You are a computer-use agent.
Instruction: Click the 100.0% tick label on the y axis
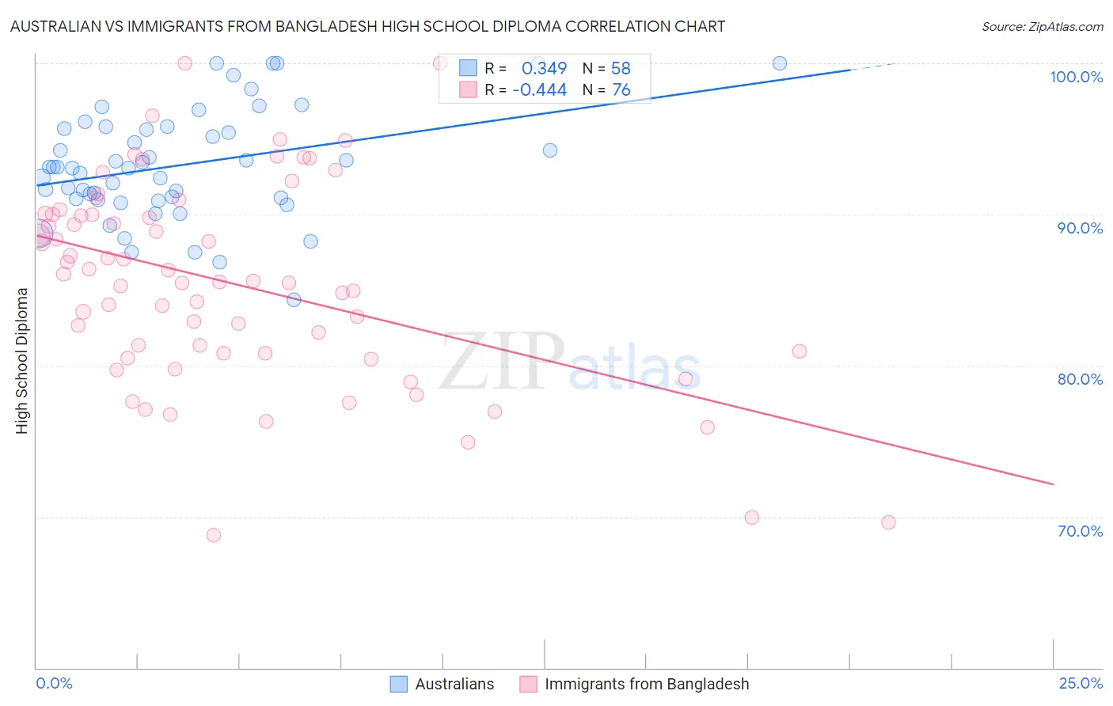(x=1076, y=77)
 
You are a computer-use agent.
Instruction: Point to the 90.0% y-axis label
(x=1080, y=228)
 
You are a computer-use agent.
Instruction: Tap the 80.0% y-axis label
(x=1080, y=379)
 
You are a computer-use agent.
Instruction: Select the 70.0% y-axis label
(x=1080, y=531)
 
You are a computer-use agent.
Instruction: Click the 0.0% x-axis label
(x=54, y=683)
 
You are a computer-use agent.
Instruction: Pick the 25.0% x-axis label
(x=1081, y=683)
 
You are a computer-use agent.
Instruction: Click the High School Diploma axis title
(x=22, y=360)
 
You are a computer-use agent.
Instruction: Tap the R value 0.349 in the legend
(x=544, y=68)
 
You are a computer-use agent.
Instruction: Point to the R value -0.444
(x=539, y=90)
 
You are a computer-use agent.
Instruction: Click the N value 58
(x=621, y=68)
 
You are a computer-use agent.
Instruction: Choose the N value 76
(x=621, y=90)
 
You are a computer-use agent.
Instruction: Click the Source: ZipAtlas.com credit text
(x=1042, y=27)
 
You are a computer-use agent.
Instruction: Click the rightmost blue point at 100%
(x=780, y=63)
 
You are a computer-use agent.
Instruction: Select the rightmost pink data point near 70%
(x=888, y=522)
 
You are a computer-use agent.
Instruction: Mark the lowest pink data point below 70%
(x=214, y=535)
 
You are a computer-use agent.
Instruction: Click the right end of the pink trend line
(x=1053, y=484)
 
